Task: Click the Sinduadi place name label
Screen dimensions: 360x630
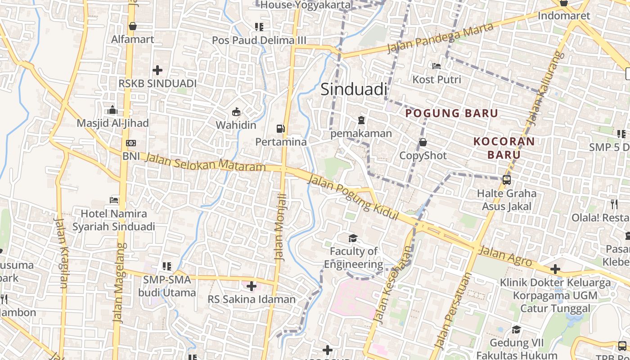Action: (354, 90)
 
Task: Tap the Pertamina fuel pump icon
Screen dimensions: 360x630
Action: (281, 129)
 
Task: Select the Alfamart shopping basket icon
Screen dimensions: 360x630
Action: (132, 27)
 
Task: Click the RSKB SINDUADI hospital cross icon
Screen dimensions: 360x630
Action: (157, 70)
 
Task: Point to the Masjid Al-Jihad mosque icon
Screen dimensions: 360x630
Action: (112, 110)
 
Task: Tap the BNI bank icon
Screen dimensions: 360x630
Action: (131, 143)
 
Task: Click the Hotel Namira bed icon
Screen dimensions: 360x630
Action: (114, 200)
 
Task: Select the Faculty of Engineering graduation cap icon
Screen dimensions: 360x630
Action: (353, 238)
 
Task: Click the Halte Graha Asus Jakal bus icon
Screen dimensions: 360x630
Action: (507, 180)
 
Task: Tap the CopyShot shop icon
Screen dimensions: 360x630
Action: (423, 143)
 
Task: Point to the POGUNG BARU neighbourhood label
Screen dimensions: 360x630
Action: (452, 113)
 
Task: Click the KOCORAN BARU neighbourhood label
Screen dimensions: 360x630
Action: (504, 148)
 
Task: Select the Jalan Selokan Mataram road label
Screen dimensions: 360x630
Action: (206, 162)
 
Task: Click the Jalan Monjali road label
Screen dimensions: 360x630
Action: (281, 227)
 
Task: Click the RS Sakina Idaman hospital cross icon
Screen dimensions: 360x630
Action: (251, 286)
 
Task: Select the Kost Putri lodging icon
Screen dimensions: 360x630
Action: (436, 66)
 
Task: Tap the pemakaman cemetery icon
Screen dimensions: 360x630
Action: (361, 120)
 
